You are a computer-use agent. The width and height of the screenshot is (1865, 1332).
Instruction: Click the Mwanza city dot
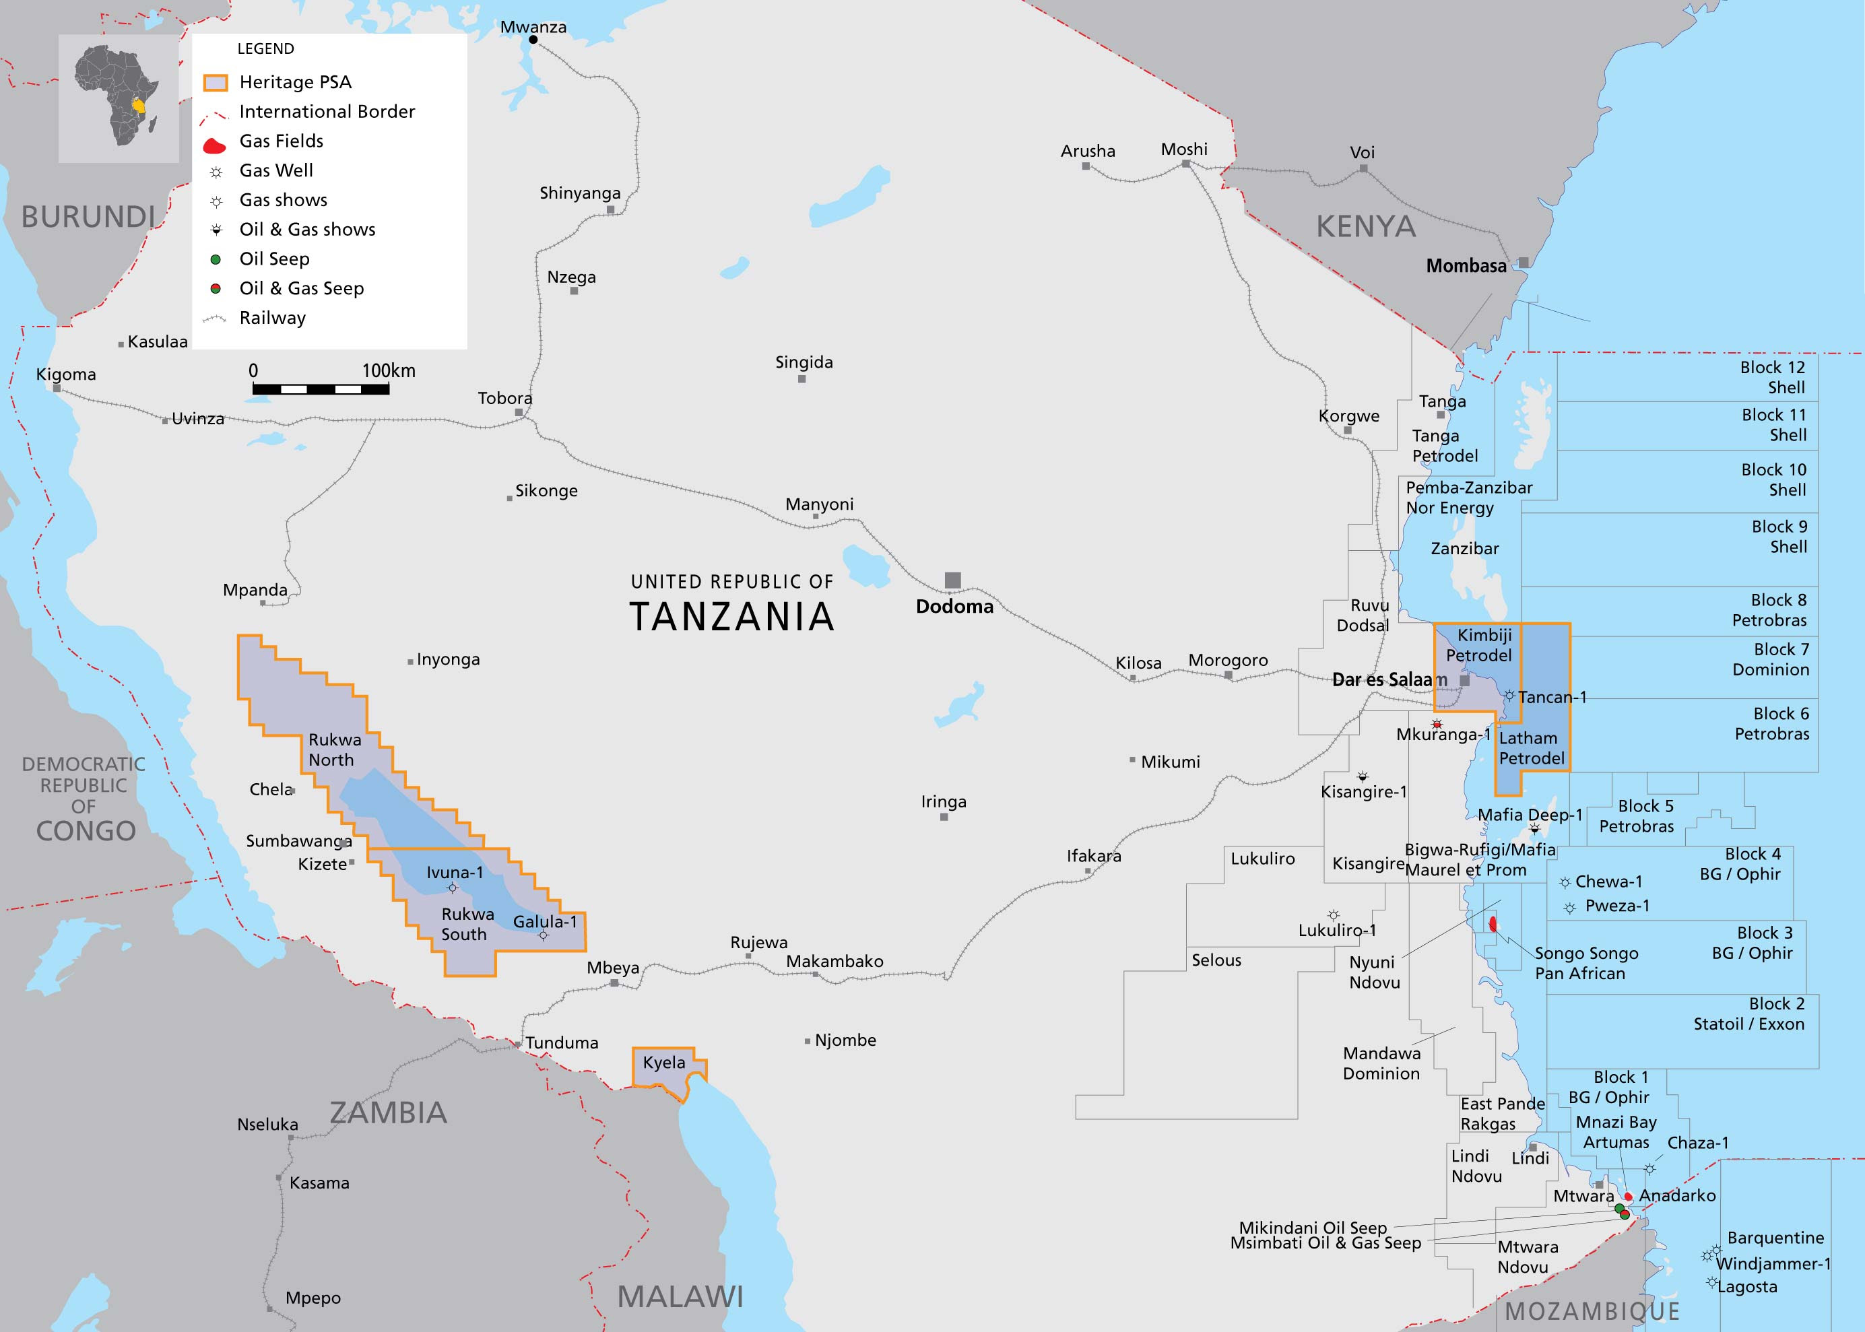tap(533, 39)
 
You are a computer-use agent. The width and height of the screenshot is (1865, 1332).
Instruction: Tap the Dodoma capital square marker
tap(952, 580)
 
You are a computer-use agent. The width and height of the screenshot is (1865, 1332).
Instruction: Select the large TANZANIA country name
tap(731, 617)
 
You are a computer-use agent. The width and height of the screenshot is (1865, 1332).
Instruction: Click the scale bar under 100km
tap(321, 389)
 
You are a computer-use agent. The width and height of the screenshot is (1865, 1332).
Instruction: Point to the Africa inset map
tap(119, 98)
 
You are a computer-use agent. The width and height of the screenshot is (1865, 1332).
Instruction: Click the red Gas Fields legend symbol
tap(214, 147)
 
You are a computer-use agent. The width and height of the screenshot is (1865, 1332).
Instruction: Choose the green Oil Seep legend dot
tap(216, 259)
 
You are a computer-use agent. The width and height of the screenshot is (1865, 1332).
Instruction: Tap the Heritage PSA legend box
tap(215, 83)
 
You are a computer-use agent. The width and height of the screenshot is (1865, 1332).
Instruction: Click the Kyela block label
tap(663, 1062)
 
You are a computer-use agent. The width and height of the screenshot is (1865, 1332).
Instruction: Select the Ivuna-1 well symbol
tap(453, 888)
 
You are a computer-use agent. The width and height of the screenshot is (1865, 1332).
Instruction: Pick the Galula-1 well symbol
tap(543, 935)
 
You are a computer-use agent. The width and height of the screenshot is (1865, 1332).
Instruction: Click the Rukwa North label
tap(334, 750)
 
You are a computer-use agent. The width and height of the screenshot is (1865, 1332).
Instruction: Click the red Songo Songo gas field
tap(1493, 925)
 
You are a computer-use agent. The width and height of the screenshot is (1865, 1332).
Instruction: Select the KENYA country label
tap(1365, 226)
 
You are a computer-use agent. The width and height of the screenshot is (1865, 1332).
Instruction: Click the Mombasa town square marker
tap(1523, 263)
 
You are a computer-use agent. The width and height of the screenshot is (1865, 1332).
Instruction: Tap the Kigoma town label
tap(65, 374)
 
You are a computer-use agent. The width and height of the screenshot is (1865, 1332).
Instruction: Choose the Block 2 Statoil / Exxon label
tap(1749, 1013)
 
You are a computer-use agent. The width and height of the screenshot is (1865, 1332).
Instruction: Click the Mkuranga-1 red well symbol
tap(1437, 724)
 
